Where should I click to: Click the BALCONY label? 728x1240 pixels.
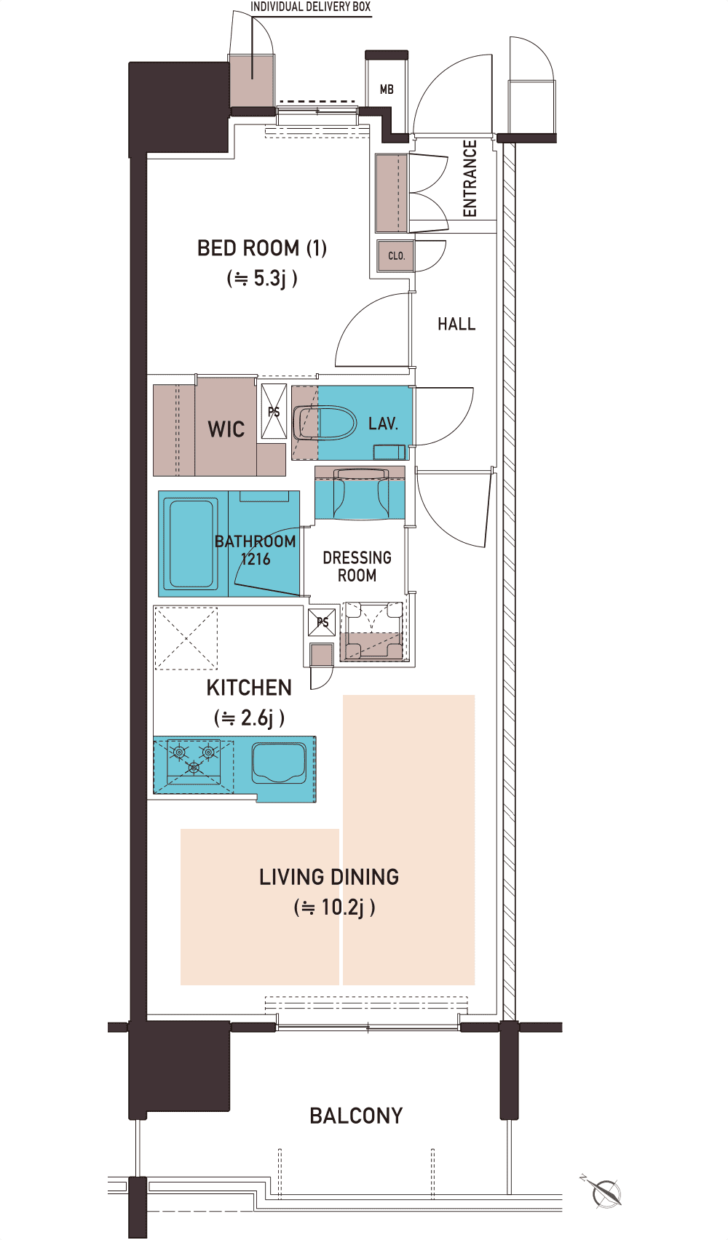pyautogui.click(x=356, y=1116)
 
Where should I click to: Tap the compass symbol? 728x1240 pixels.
pyautogui.click(x=604, y=1193)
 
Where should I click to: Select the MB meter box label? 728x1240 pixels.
pyautogui.click(x=387, y=89)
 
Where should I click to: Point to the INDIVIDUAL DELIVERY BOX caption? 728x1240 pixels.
pyautogui.click(x=311, y=7)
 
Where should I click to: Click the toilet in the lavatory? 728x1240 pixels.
pyautogui.click(x=324, y=424)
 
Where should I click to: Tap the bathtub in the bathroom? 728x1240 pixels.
pyautogui.click(x=191, y=544)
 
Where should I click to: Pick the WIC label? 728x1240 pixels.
pyautogui.click(x=226, y=429)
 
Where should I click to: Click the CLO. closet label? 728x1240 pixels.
pyautogui.click(x=396, y=255)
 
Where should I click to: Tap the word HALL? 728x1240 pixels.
pyautogui.click(x=456, y=324)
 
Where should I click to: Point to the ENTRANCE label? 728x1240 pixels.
pyautogui.click(x=470, y=178)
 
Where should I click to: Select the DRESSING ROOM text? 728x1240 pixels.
pyautogui.click(x=357, y=566)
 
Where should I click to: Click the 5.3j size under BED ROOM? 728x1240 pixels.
pyautogui.click(x=262, y=278)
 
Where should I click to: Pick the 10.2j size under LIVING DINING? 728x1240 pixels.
pyautogui.click(x=334, y=907)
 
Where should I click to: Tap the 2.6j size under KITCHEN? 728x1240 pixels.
pyautogui.click(x=249, y=718)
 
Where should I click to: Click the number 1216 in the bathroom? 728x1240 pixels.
pyautogui.click(x=256, y=559)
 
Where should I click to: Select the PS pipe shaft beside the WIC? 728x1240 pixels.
pyautogui.click(x=274, y=412)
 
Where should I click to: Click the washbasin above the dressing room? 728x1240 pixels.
pyautogui.click(x=360, y=493)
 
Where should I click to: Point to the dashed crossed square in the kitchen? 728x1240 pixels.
pyautogui.click(x=186, y=638)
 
